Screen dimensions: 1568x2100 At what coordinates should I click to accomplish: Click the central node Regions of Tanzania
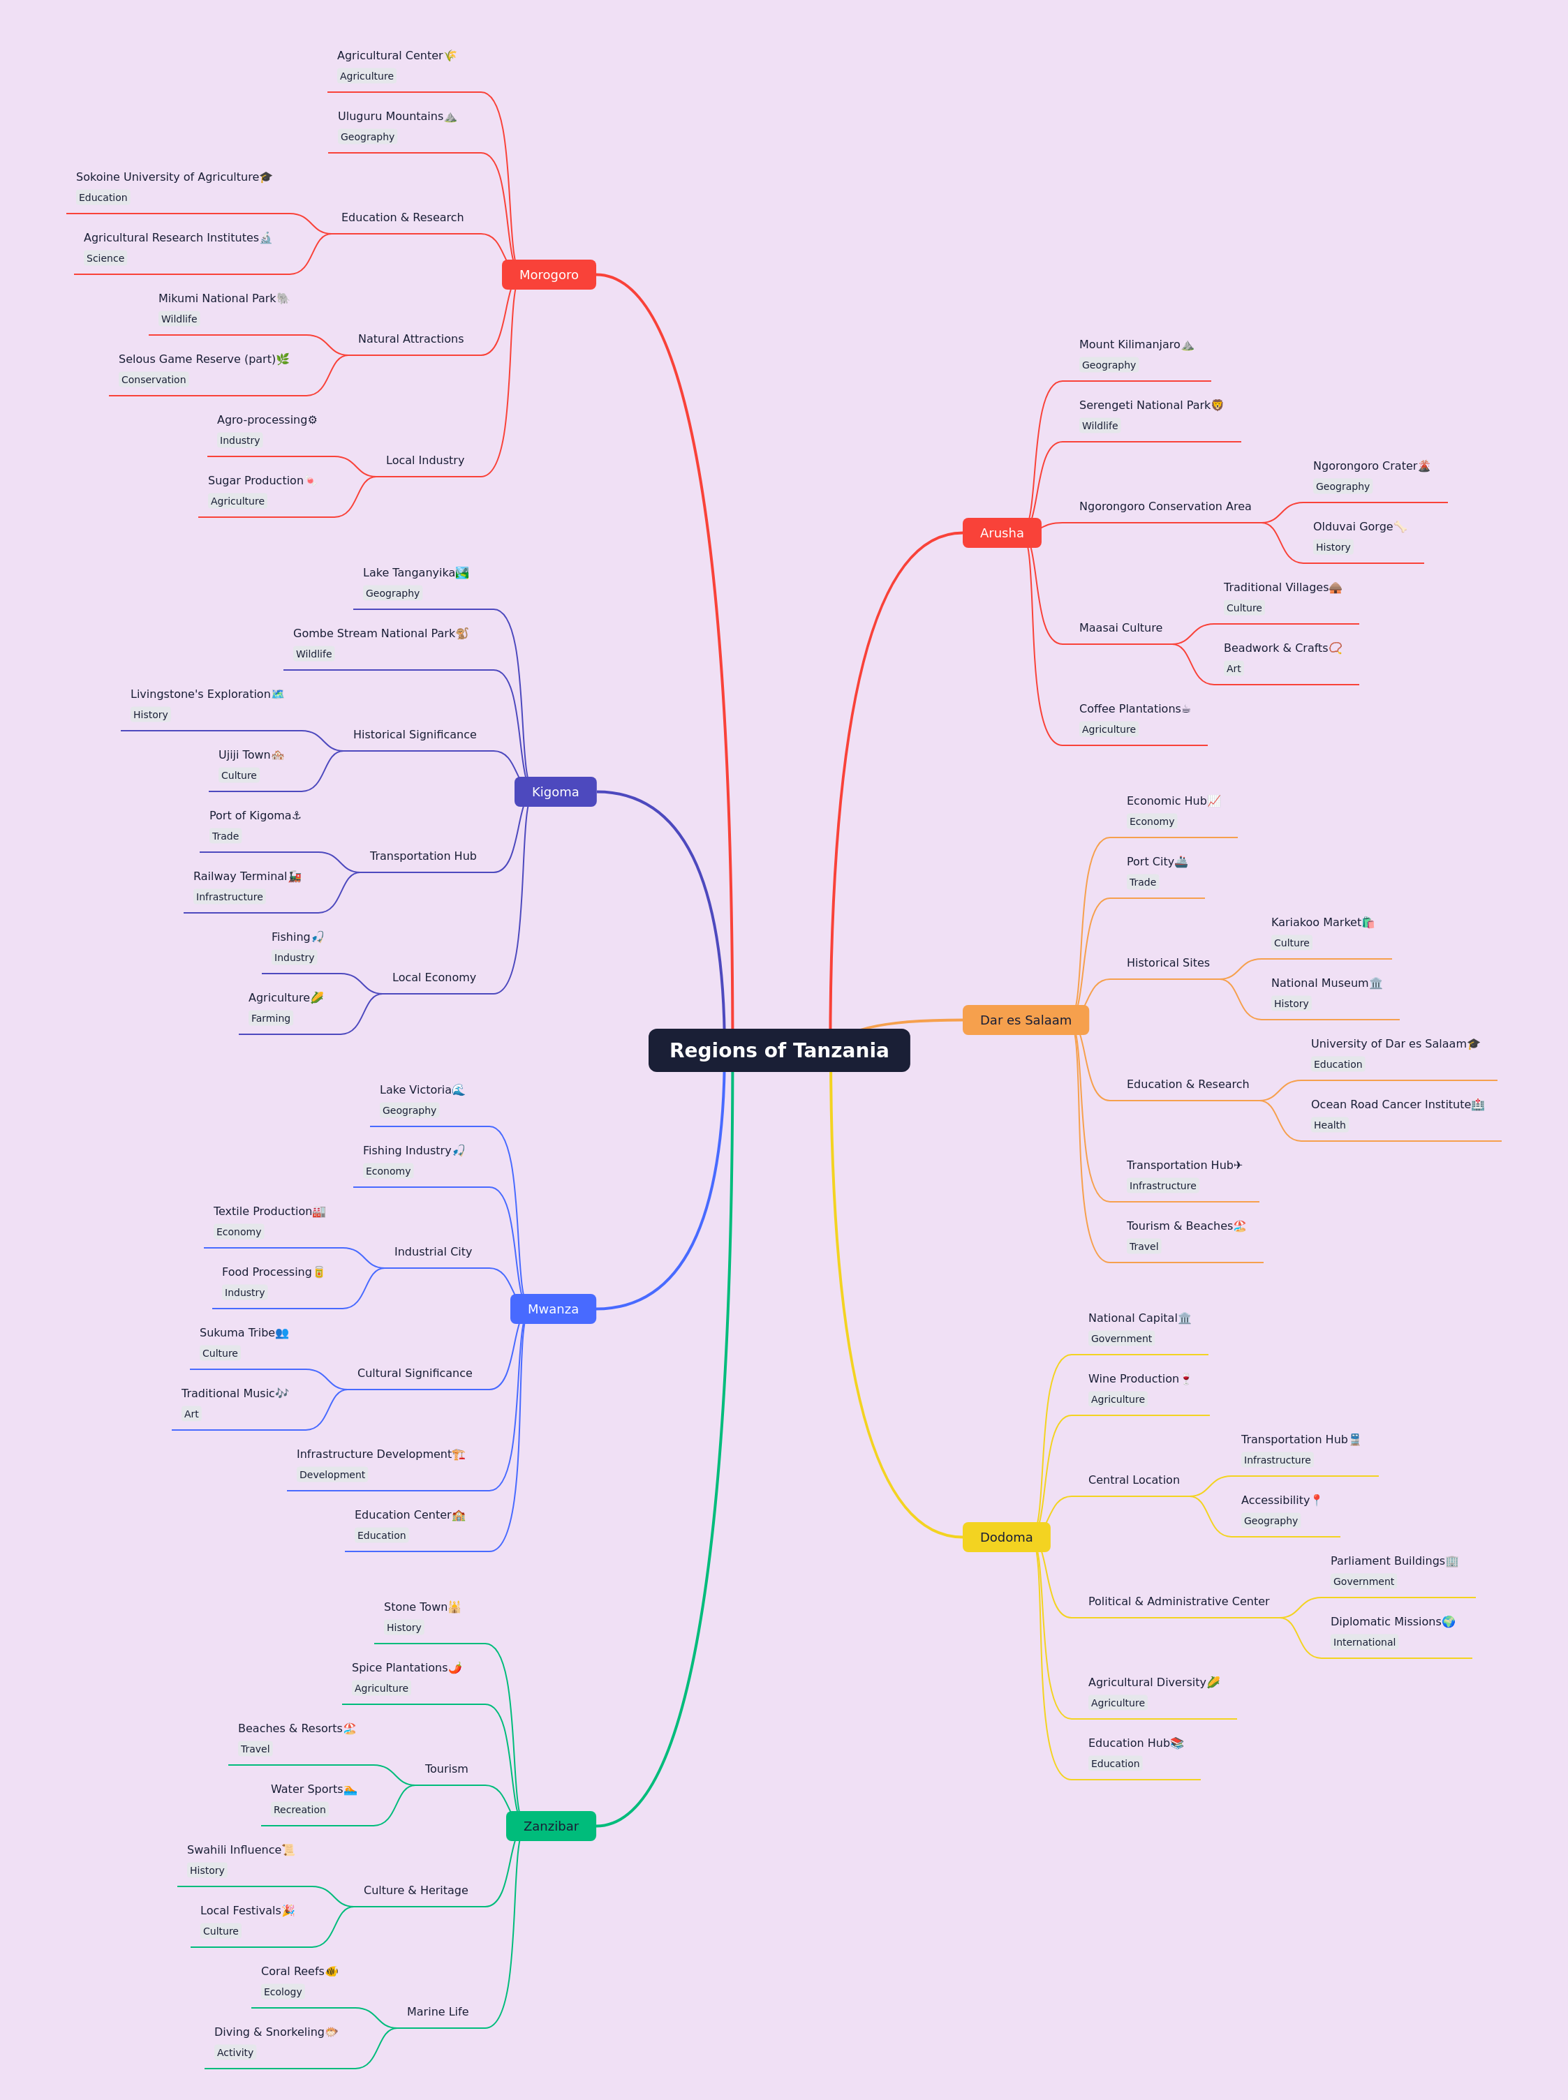pos(778,1050)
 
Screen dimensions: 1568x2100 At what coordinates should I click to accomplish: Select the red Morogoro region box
pos(549,274)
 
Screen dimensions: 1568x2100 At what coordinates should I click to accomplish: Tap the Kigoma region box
pos(555,791)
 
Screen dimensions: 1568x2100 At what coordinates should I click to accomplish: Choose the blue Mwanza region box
pos(554,1309)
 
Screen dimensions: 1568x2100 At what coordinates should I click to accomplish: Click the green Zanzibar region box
pos(551,1826)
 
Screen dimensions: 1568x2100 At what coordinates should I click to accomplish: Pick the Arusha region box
pos(1001,533)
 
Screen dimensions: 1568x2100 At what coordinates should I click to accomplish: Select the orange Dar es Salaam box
pos(1025,1019)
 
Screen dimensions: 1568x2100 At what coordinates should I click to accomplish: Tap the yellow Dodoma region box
pos(1006,1536)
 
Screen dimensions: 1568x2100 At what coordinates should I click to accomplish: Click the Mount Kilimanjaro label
pos(1130,345)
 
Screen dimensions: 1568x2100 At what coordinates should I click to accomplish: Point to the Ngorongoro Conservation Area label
pos(1164,506)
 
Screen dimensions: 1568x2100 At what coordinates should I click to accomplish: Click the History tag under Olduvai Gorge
pos(1333,548)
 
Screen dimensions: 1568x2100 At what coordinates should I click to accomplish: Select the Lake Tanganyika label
pos(409,572)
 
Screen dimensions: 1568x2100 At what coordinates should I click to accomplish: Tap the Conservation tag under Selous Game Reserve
pos(154,380)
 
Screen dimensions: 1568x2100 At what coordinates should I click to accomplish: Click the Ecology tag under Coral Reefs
pos(283,1992)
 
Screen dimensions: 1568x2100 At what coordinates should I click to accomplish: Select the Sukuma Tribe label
pos(237,1332)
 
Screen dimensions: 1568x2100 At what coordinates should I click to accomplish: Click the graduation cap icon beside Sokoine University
pos(266,177)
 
